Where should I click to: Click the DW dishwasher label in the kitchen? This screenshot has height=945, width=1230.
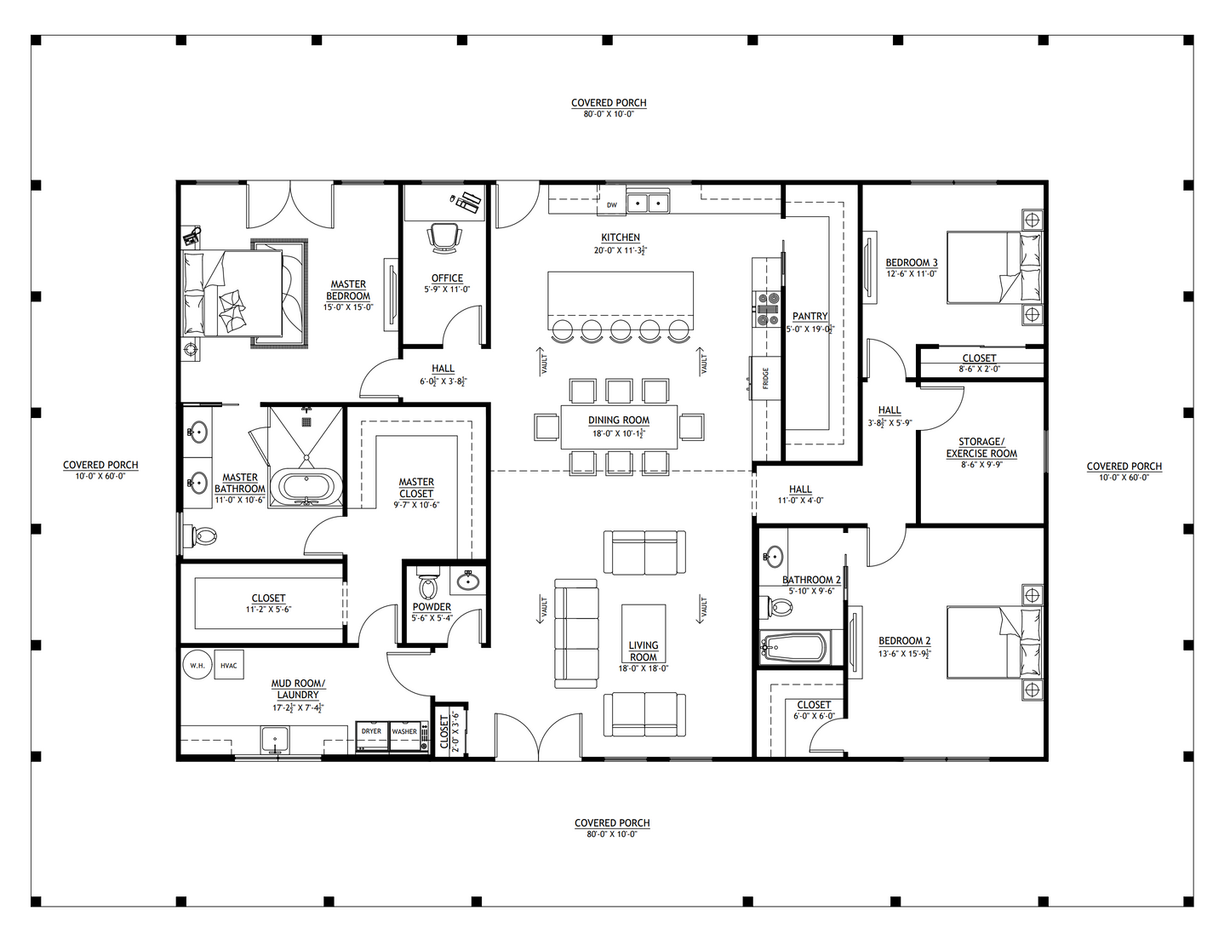pos(611,205)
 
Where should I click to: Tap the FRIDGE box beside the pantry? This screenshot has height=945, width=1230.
pos(765,376)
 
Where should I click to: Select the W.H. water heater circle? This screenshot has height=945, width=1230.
pos(197,665)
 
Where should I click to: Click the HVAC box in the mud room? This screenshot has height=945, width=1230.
pos(228,665)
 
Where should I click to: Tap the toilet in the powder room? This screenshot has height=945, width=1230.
pos(427,587)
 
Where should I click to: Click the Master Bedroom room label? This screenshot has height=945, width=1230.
pos(348,290)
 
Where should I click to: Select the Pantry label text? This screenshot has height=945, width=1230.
pos(810,316)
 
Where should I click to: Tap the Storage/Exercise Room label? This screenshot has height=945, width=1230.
pos(981,448)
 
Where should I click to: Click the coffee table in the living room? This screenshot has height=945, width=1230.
pos(644,630)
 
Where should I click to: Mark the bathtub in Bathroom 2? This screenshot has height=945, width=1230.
pos(793,649)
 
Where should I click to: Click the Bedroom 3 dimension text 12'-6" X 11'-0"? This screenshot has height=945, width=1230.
pos(911,274)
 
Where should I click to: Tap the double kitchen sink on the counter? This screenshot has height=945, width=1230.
pos(648,203)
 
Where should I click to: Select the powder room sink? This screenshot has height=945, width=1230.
pos(467,581)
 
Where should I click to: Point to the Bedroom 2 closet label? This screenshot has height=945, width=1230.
pos(814,705)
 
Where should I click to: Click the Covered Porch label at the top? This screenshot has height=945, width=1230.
pos(609,103)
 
